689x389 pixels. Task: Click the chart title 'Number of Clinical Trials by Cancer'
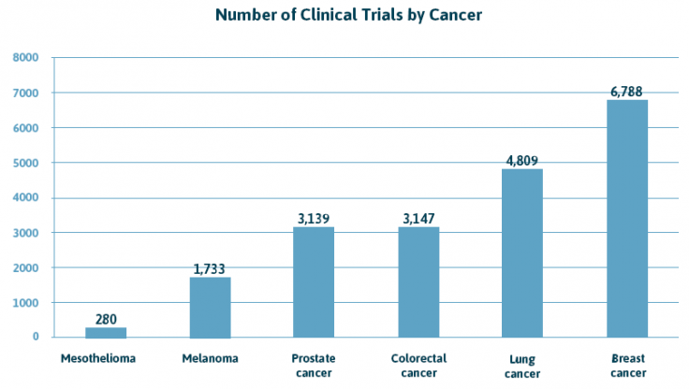[348, 15]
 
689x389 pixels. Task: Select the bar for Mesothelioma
[106, 332]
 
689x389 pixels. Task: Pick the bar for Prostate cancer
[314, 281]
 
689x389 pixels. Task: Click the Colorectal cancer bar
[418, 281]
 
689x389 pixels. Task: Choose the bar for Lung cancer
[522, 252]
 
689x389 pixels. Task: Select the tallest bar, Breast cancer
[626, 218]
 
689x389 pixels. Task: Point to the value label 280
[106, 320]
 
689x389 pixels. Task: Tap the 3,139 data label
[314, 219]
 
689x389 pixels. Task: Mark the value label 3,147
[418, 219]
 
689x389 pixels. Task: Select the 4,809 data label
[522, 161]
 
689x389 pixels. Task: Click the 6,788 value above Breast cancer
[626, 92]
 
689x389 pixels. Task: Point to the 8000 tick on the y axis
[25, 58]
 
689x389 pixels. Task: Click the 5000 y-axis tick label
[25, 163]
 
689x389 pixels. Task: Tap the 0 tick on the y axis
[35, 338]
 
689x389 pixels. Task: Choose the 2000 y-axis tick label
[25, 267]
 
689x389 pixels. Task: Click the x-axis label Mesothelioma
[100, 358]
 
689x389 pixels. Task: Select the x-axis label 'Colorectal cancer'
[418, 366]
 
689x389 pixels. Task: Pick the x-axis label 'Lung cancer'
[522, 366]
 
